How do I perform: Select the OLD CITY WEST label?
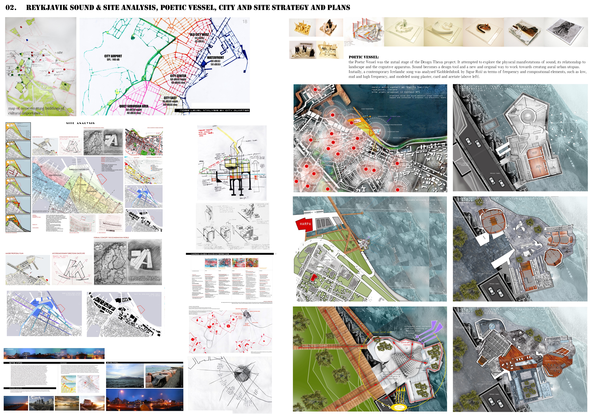[199, 34]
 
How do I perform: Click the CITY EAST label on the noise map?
[170, 98]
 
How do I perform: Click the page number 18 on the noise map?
[245, 21]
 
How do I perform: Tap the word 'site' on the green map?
[60, 52]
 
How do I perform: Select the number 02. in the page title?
[11, 8]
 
